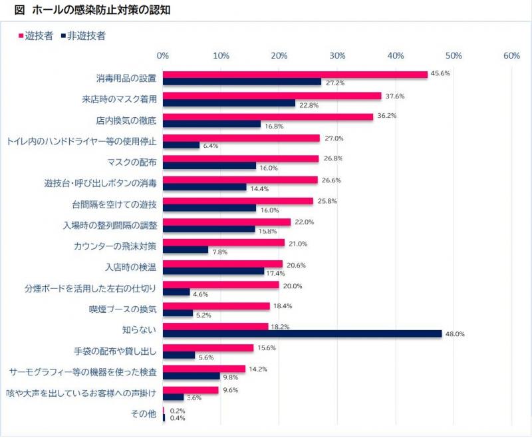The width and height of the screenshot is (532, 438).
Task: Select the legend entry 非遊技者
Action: (86, 36)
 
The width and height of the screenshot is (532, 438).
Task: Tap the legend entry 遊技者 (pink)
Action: (37, 36)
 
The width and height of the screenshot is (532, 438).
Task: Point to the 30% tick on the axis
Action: (337, 56)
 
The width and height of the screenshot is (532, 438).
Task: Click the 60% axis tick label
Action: (511, 56)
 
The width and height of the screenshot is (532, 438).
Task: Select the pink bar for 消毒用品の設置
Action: (295, 75)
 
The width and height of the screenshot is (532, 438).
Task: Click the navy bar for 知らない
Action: (303, 334)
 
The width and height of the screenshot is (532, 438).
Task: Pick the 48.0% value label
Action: (454, 335)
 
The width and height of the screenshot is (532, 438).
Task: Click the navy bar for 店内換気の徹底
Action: (212, 124)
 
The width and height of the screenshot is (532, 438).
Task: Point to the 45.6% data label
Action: (441, 73)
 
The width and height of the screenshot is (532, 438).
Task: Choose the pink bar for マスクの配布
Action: (241, 158)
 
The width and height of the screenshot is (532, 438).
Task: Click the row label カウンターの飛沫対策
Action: (114, 246)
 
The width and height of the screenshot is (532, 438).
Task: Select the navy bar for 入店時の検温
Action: (213, 271)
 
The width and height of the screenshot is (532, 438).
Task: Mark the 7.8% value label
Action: (220, 252)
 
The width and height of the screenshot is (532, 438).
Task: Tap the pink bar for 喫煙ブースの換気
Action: (217, 306)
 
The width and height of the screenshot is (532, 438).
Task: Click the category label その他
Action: (144, 414)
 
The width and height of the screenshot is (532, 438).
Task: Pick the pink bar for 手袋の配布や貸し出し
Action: (208, 347)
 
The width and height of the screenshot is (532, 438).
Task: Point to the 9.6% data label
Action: (230, 389)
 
